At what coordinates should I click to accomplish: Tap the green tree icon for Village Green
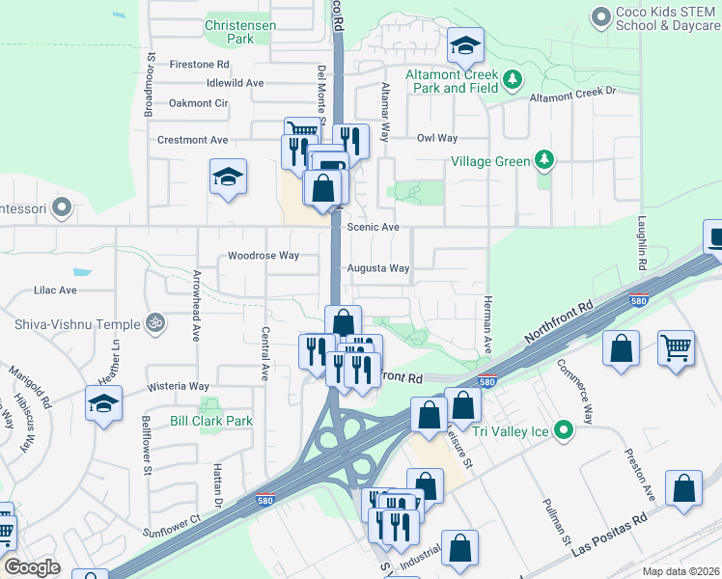545,159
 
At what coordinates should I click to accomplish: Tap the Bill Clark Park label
211,421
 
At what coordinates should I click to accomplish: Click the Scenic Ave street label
373,227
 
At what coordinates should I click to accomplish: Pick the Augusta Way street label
378,268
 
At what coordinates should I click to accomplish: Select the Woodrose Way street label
263,256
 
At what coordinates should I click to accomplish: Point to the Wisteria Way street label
179,386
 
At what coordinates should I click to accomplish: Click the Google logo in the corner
32,566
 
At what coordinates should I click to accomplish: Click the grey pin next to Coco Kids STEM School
601,16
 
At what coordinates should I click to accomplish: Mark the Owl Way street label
436,138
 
